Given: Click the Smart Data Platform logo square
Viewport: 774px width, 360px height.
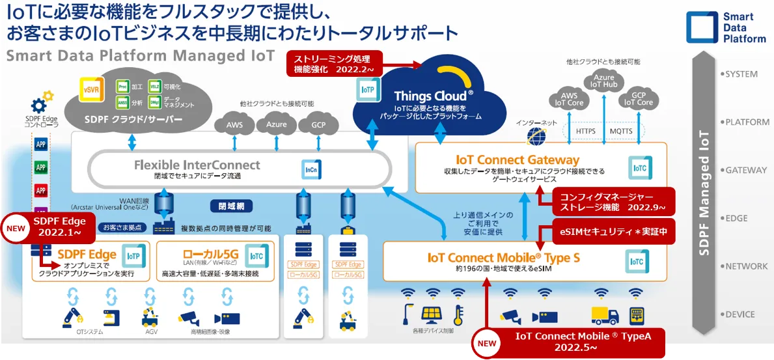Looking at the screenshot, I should click(702, 28).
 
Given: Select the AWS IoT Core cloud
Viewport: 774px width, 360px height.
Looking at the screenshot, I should click(568, 98).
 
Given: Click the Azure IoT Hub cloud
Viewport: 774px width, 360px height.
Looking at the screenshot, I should click(603, 82).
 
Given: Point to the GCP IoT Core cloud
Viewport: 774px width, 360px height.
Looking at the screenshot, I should click(639, 98).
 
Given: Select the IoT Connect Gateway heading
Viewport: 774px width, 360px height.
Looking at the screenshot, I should click(518, 159).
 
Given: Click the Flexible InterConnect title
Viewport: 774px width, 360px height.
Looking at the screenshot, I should click(197, 165).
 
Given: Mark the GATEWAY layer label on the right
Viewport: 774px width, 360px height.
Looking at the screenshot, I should click(745, 170).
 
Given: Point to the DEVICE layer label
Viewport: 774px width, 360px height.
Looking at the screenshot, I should click(739, 314).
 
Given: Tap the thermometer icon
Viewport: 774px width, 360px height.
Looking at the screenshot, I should click(458, 315).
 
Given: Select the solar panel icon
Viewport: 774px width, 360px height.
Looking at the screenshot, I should click(432, 315).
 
